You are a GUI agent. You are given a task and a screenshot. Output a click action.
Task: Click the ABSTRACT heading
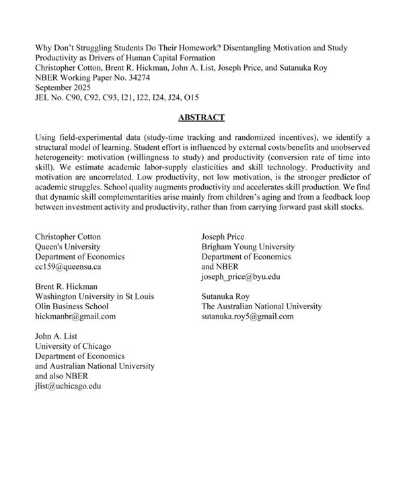pos(202,118)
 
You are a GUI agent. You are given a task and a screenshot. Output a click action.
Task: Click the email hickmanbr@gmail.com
pos(75,316)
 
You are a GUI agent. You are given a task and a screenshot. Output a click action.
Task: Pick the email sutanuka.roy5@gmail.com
pos(247,316)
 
